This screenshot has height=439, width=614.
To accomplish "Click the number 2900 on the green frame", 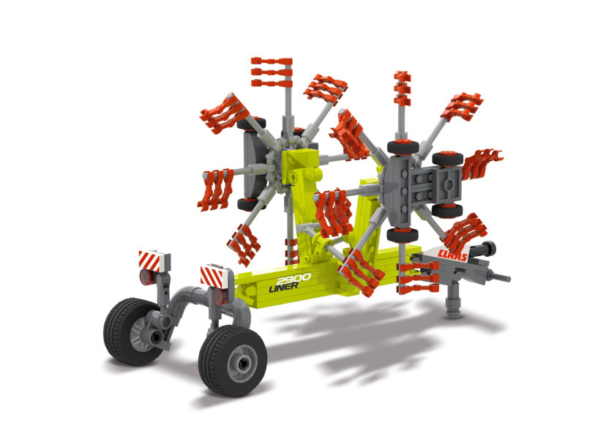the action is pyautogui.click(x=293, y=279).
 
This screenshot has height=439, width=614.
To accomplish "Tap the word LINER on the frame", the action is pyautogui.click(x=283, y=287).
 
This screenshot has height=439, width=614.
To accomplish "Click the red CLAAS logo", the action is pyautogui.click(x=453, y=255).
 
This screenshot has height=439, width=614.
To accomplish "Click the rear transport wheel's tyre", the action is pyautogui.click(x=130, y=331).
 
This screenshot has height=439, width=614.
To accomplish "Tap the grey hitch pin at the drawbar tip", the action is pyautogui.click(x=499, y=277).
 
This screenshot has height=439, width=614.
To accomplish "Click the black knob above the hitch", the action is pyautogui.click(x=488, y=248).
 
